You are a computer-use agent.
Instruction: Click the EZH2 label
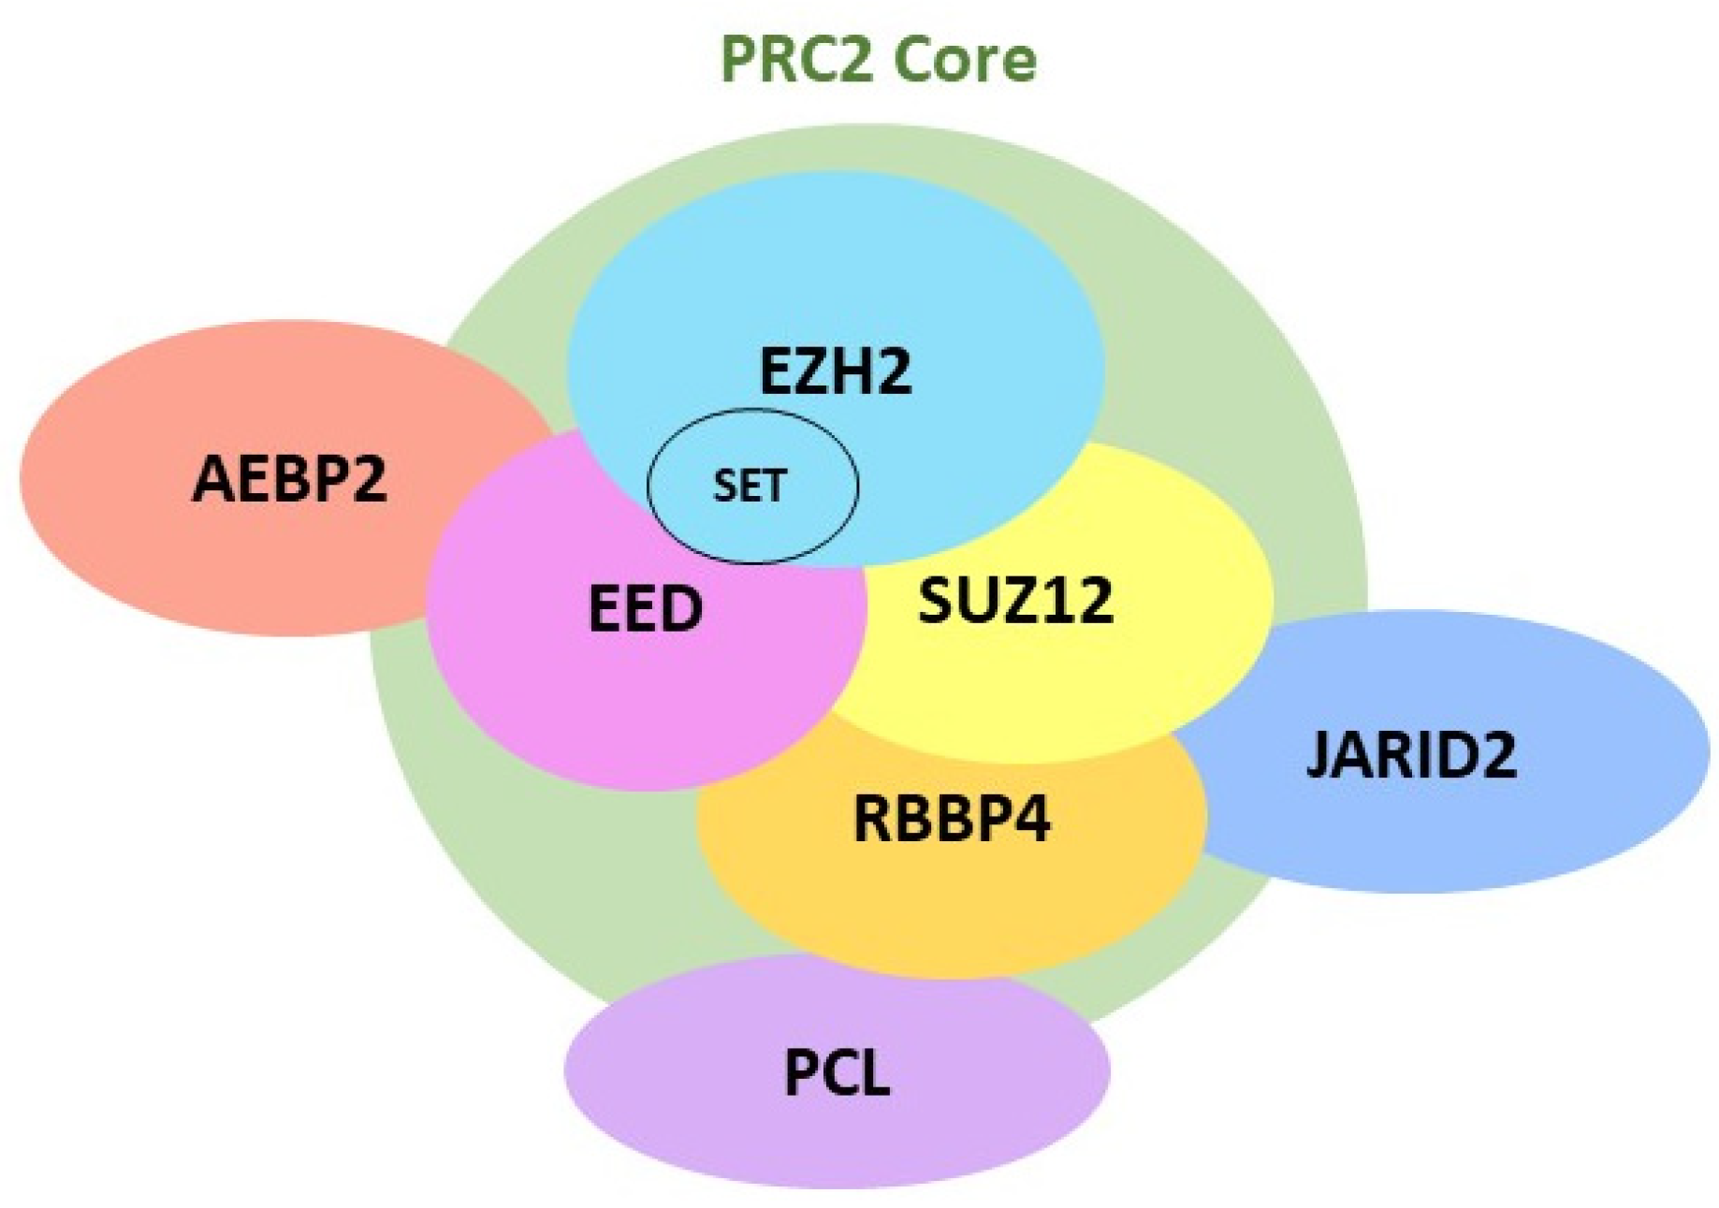coord(835,371)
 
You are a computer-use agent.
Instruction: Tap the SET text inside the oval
coord(750,486)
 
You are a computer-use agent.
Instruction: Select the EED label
coord(645,608)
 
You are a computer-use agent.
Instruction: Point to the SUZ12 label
coord(1015,600)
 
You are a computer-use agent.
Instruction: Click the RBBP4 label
coord(952,818)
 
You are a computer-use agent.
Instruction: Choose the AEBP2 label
coord(289,478)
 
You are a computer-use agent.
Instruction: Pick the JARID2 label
coord(1410,754)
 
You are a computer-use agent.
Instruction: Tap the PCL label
coord(837,1072)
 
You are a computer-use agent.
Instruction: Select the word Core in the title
coord(964,59)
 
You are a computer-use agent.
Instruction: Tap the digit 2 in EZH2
coord(892,371)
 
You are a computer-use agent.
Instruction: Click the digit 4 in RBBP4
coord(1031,818)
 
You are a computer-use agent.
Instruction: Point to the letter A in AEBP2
coord(211,478)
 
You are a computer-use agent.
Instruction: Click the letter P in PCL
coord(801,1072)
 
